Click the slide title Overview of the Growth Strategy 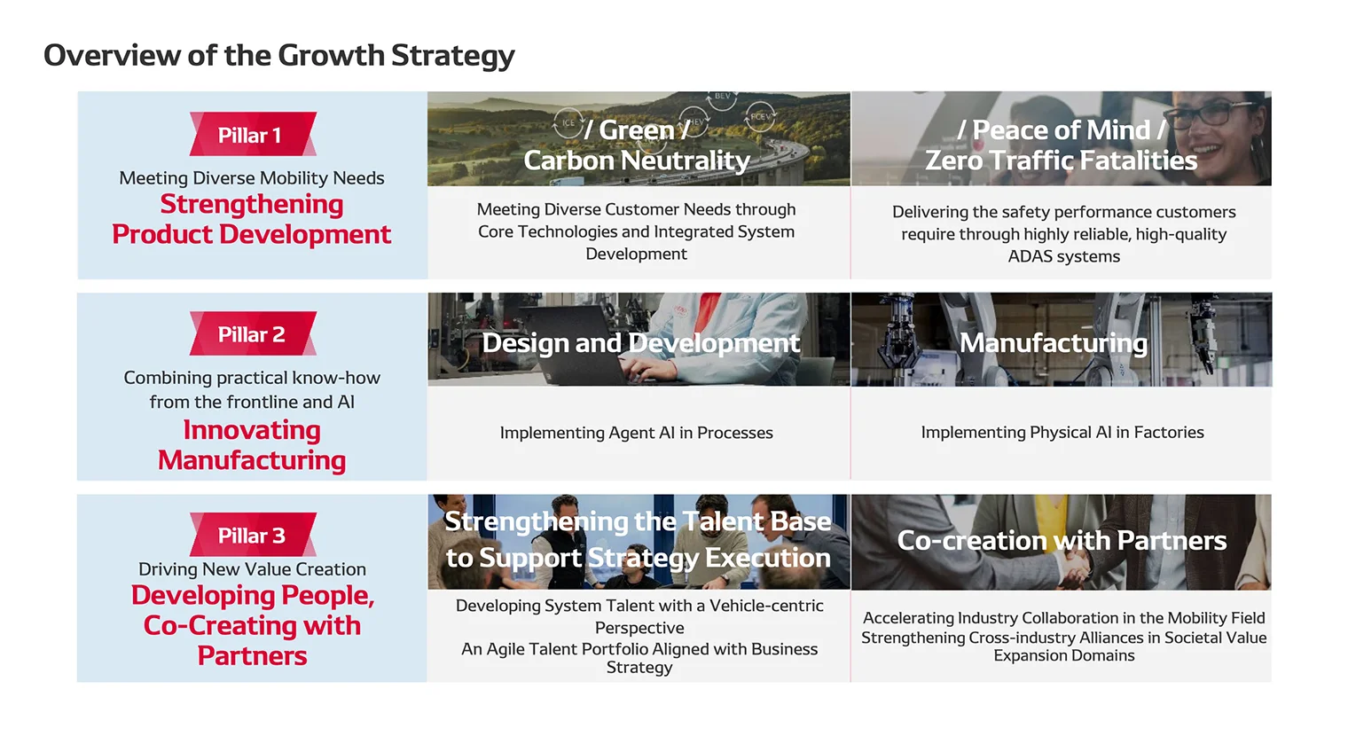tap(278, 55)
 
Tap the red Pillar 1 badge tap(252, 135)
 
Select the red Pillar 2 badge tap(252, 334)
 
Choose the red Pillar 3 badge tap(252, 536)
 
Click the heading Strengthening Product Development tap(252, 219)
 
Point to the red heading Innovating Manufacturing tap(252, 445)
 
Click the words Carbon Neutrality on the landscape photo tap(637, 161)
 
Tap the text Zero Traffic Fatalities tap(1061, 161)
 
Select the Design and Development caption tap(640, 343)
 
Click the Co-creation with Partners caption tap(1061, 540)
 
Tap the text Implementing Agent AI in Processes tap(636, 433)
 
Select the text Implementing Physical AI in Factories tap(1062, 432)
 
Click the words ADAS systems tap(1063, 256)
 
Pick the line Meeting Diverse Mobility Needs tap(252, 178)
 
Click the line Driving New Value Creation tap(252, 569)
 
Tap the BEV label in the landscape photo tap(723, 97)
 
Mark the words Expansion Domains tap(1063, 655)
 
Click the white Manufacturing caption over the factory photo tap(1053, 343)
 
